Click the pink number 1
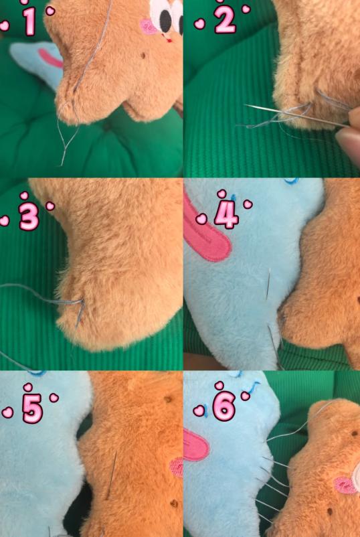30,21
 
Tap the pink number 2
225,20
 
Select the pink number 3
29,218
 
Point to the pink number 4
227,216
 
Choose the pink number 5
33,408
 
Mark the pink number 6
224,406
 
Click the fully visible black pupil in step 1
166,21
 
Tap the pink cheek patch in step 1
148,26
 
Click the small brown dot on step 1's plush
143,55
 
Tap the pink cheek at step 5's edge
177,467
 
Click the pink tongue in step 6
196,445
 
